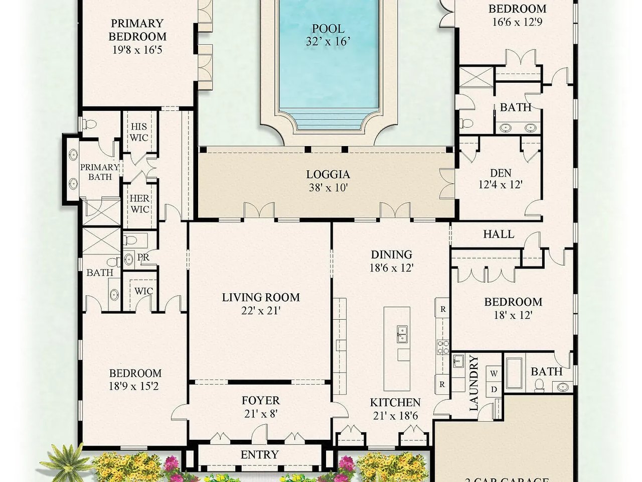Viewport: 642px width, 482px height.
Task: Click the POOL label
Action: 328,29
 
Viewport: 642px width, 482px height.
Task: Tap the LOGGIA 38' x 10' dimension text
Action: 328,188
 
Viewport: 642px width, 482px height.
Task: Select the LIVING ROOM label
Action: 261,297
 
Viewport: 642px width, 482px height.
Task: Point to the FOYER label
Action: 260,401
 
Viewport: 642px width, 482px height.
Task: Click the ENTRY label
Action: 259,455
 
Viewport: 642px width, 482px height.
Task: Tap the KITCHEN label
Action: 395,403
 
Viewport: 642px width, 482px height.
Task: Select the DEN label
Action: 501,173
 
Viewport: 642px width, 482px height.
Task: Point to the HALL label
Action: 499,234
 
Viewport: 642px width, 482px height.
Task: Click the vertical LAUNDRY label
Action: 474,384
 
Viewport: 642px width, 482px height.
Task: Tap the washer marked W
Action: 494,374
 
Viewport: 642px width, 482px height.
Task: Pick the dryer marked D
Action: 494,389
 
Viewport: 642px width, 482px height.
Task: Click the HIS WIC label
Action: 139,132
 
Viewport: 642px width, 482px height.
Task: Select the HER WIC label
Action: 139,203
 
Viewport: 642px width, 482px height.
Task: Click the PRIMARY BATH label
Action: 100,172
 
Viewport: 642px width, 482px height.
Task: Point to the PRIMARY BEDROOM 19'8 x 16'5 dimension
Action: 137,50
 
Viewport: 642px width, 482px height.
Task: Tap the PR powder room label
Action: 143,258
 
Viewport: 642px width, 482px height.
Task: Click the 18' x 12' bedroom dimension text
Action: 513,315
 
